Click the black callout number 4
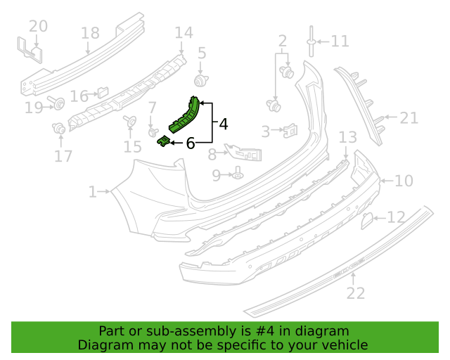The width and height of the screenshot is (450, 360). [224, 124]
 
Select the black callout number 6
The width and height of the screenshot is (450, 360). [191, 143]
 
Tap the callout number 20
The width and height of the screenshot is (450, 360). [38, 26]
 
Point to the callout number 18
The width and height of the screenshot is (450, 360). [90, 33]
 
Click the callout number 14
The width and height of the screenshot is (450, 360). [184, 32]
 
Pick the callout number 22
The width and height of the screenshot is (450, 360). [356, 293]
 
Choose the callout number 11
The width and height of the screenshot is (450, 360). [340, 41]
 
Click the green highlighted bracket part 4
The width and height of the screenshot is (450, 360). [184, 115]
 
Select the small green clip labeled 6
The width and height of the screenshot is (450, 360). [164, 141]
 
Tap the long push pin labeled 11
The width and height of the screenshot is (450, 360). [311, 41]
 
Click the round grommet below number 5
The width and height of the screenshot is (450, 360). [200, 80]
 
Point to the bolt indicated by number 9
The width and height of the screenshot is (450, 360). [238, 173]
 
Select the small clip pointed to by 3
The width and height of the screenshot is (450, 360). [290, 131]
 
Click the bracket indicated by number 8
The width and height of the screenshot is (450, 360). [243, 152]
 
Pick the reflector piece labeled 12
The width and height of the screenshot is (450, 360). [367, 221]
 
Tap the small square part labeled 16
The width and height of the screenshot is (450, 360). [103, 92]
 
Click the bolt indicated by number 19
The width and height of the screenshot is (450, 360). [56, 103]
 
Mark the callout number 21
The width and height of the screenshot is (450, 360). [409, 118]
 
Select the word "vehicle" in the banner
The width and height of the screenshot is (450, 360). [347, 345]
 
